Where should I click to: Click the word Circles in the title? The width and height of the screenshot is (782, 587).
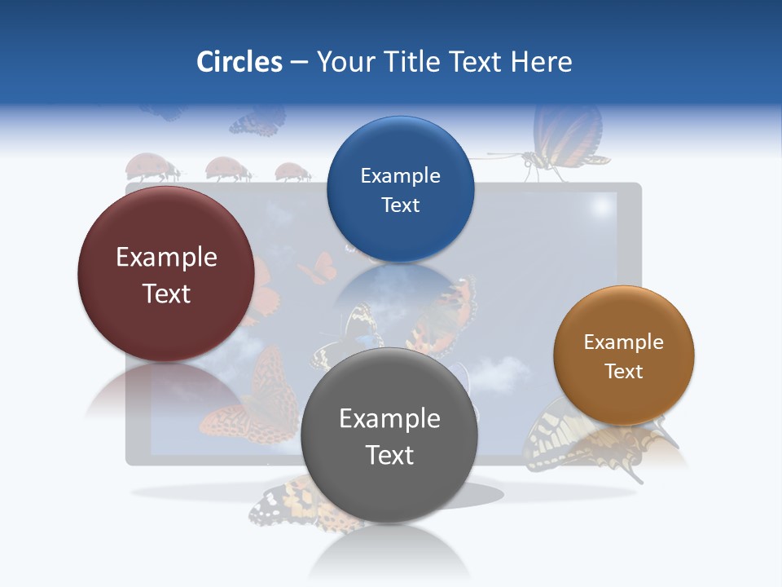click(239, 61)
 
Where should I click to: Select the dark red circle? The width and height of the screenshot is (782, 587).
click(166, 274)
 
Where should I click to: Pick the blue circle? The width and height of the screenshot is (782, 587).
click(400, 189)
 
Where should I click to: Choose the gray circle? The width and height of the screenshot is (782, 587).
click(389, 435)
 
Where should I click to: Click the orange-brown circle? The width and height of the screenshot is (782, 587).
click(623, 355)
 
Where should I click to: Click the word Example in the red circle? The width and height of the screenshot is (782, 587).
click(166, 257)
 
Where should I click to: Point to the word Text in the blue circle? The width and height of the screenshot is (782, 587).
click(400, 205)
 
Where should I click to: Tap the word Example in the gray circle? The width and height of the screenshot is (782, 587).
click(389, 418)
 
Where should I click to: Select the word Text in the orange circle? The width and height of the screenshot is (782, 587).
click(623, 372)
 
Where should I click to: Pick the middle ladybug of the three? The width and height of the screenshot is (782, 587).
click(227, 170)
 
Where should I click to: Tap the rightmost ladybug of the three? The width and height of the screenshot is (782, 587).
click(292, 172)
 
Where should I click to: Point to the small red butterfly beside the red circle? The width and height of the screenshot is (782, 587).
click(318, 267)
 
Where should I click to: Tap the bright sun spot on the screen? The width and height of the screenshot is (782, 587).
click(601, 208)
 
